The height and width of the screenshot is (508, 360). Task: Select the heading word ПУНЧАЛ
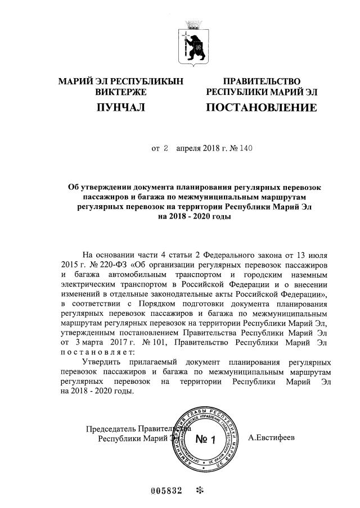click(x=121, y=107)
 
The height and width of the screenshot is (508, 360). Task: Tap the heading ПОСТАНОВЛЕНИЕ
click(x=261, y=107)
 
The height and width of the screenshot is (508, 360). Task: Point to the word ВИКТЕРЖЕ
click(x=121, y=92)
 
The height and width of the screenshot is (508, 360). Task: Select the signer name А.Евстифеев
click(x=272, y=437)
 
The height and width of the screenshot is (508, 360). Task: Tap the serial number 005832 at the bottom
click(x=167, y=490)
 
